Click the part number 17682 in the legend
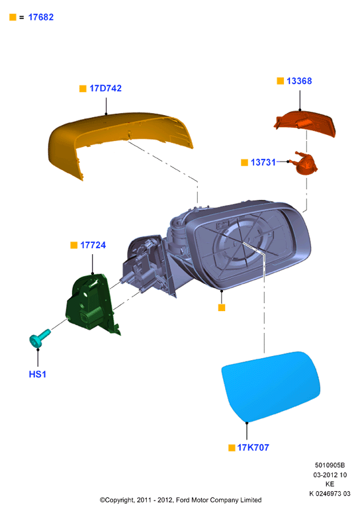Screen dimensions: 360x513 [41, 17]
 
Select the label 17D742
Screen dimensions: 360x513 [105, 88]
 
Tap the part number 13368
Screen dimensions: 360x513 [299, 81]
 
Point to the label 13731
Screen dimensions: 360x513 [263, 162]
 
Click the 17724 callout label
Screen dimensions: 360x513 [93, 245]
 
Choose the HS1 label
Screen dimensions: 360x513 [38, 374]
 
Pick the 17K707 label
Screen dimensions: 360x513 [253, 447]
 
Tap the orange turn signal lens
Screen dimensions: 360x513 [304, 124]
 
